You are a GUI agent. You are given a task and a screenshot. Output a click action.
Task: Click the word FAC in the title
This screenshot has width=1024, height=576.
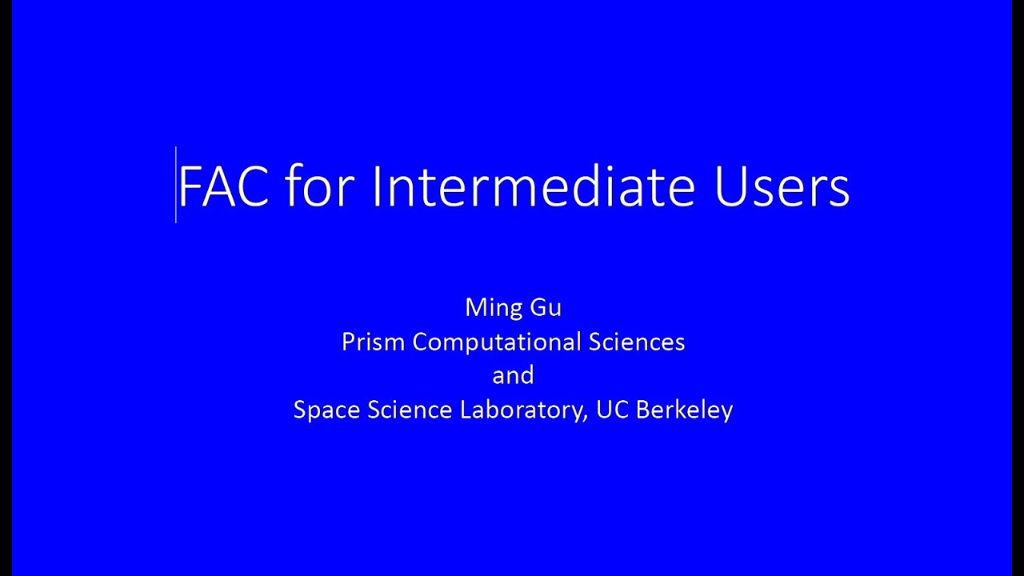(223, 187)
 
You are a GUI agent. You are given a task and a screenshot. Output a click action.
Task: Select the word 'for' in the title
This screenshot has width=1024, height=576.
(319, 187)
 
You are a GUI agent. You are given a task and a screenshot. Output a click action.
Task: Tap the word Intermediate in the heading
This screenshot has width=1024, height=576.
(533, 187)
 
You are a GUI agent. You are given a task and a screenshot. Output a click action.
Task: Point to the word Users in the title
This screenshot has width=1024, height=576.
(782, 187)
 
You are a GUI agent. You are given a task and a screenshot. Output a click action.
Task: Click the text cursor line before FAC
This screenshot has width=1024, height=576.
(176, 185)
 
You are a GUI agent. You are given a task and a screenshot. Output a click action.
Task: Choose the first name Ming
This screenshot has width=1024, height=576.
(490, 308)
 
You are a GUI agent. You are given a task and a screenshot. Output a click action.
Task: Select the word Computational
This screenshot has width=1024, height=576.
(497, 342)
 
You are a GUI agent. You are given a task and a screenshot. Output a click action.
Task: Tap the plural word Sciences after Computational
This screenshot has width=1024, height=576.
(637, 342)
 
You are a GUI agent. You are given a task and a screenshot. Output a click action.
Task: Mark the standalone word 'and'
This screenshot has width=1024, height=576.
(513, 376)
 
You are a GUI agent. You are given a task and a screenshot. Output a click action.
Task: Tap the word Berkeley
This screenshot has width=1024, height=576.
(685, 410)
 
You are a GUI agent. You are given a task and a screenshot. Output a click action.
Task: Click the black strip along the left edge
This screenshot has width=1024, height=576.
(6, 288)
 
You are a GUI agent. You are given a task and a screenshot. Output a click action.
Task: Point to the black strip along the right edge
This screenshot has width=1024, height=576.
(1018, 288)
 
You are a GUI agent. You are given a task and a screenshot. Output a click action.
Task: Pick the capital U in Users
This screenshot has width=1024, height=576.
(729, 187)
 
